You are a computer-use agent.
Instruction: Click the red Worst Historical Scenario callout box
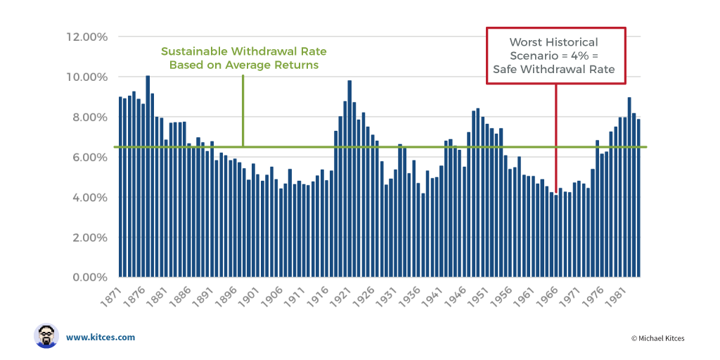[555, 56]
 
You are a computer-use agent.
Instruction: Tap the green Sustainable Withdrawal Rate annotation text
[243, 58]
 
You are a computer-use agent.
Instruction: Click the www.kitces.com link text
[101, 337]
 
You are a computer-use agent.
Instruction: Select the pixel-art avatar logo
[46, 336]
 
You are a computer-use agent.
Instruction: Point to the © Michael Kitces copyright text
[657, 338]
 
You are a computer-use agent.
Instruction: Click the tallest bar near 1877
[148, 176]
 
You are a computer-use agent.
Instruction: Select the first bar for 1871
[121, 186]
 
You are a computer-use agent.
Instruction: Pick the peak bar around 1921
[349, 179]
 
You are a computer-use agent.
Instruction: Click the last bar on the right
[638, 198]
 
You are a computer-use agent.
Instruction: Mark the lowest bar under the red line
[555, 236]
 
